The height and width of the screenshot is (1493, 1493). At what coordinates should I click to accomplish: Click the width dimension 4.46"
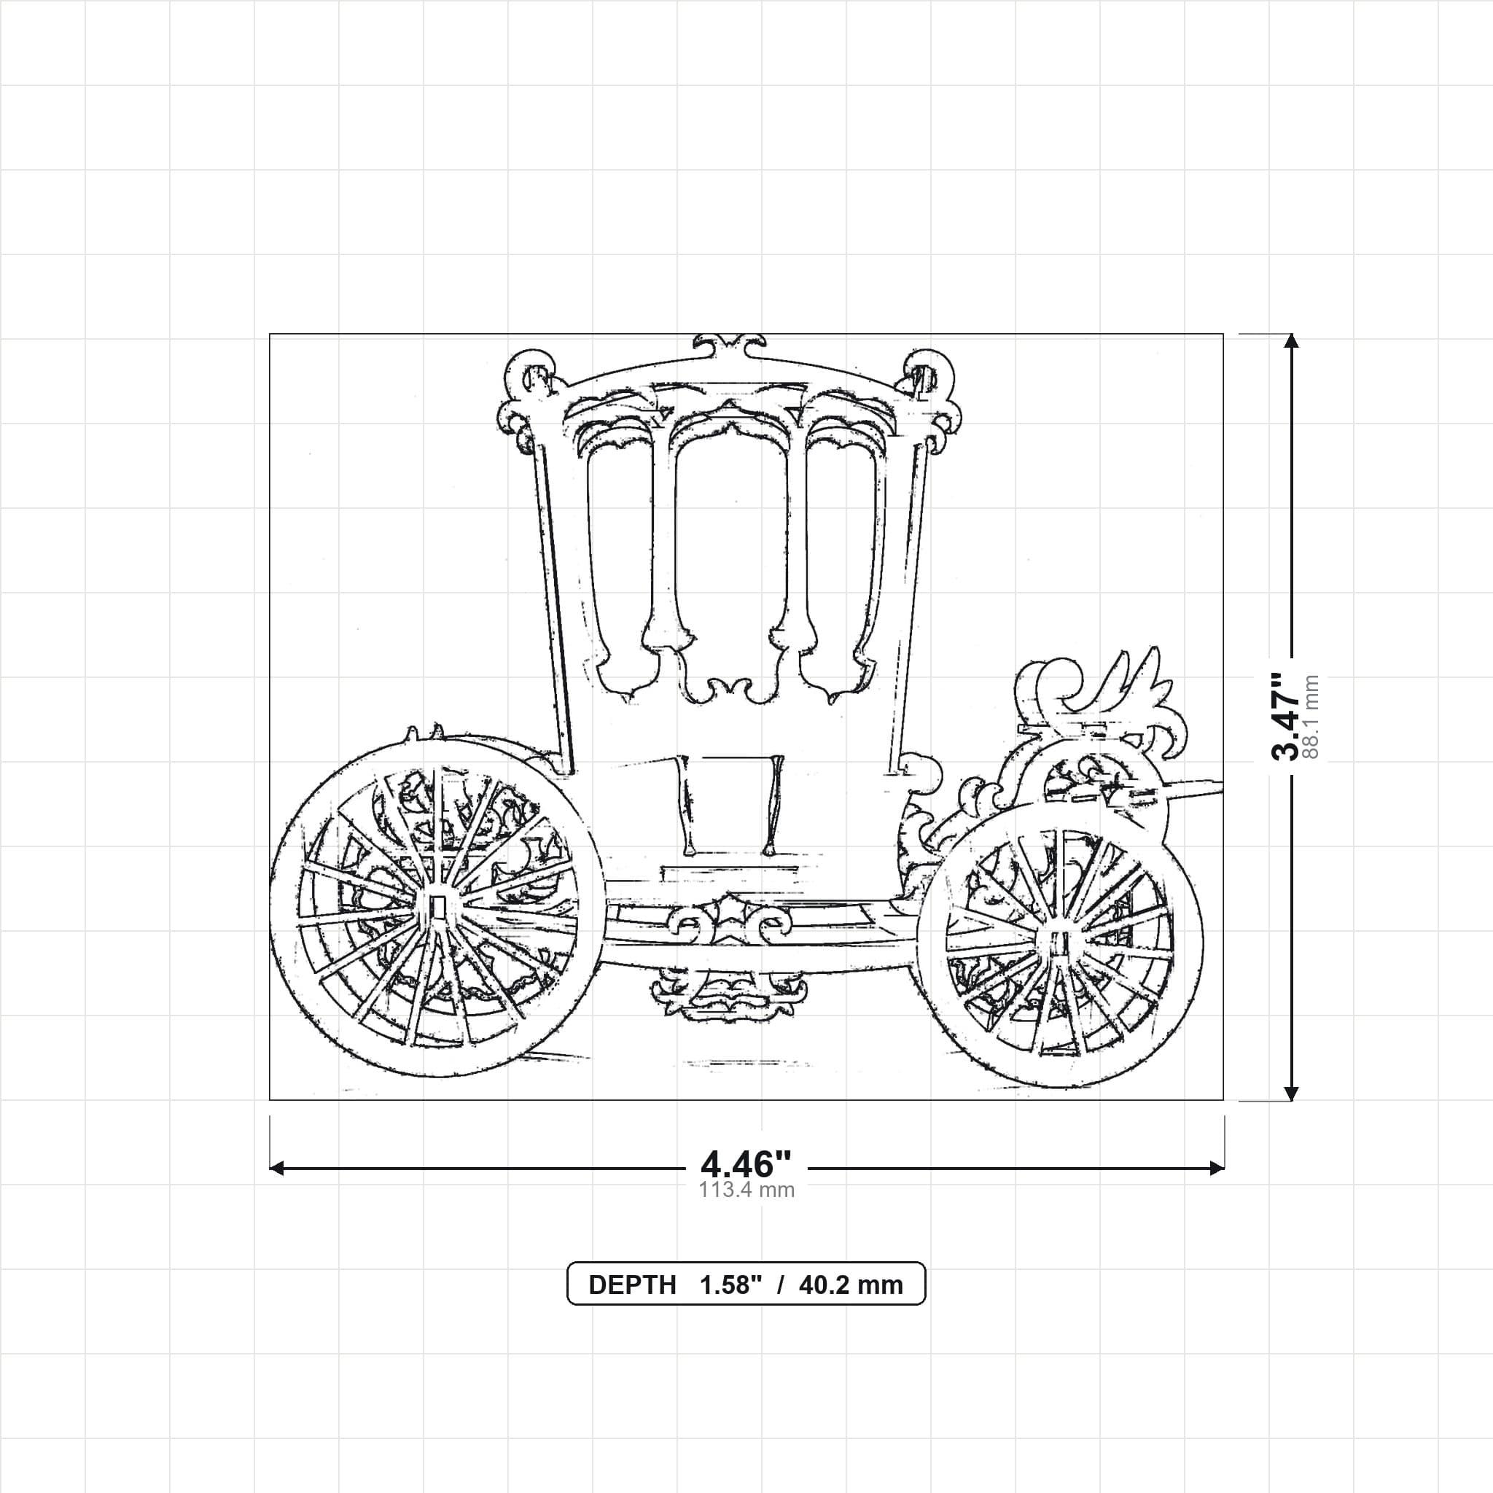pyautogui.click(x=746, y=1163)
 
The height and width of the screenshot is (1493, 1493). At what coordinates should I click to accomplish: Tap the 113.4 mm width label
pyautogui.click(x=746, y=1189)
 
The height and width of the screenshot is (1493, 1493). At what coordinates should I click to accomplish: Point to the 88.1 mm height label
pyautogui.click(x=1310, y=717)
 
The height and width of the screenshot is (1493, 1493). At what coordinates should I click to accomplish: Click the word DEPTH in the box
pyautogui.click(x=632, y=1285)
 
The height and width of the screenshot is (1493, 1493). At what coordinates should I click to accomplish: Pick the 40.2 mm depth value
pyautogui.click(x=851, y=1285)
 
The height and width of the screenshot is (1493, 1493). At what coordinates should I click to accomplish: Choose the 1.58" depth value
pyautogui.click(x=731, y=1285)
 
